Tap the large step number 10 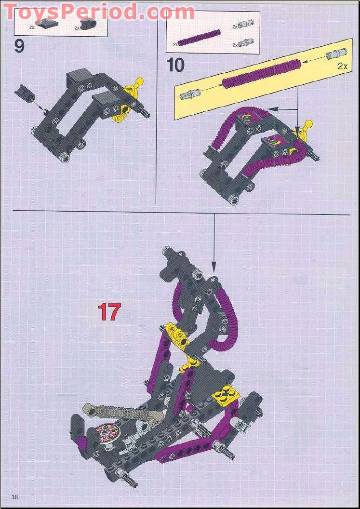(175, 64)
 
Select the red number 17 (109, 312)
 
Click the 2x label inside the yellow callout (342, 66)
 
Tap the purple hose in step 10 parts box (199, 38)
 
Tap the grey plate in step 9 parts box (47, 24)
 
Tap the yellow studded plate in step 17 (227, 396)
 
